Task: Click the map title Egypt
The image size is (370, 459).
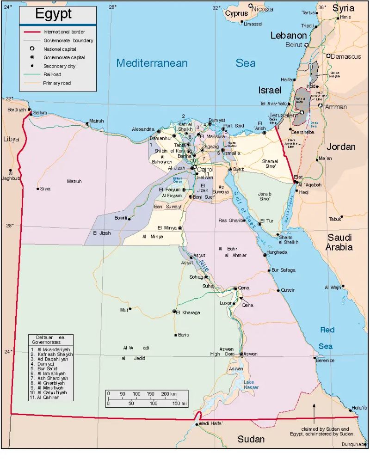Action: (x=54, y=14)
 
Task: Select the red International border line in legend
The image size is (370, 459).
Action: (x=33, y=32)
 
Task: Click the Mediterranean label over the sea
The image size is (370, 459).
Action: (x=152, y=63)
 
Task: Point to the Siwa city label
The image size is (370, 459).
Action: (x=45, y=189)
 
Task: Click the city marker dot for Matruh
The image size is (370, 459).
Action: (x=87, y=124)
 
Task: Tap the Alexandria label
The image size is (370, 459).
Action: (x=143, y=129)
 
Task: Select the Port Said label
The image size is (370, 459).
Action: (x=234, y=126)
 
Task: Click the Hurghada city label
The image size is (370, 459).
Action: (x=277, y=252)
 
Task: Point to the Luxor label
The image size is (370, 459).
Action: (x=225, y=303)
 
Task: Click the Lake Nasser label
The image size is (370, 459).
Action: (x=249, y=385)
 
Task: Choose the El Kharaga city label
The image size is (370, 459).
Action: (x=188, y=312)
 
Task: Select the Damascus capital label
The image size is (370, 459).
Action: (x=346, y=56)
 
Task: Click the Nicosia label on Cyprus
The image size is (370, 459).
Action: (x=262, y=9)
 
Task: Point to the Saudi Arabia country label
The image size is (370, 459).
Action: (x=340, y=242)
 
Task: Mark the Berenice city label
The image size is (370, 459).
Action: (x=325, y=361)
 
